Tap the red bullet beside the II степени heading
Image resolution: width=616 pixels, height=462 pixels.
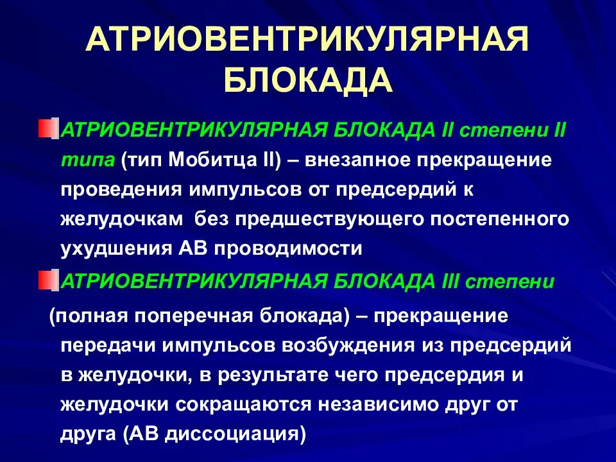pos(49,128)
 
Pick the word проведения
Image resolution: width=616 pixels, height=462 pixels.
pos(121,191)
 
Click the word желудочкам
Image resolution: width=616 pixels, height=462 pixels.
pos(122,219)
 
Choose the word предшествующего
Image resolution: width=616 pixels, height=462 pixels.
pos(329,219)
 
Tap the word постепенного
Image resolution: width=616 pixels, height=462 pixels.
pos(499,219)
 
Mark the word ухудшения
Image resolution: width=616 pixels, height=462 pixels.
pos(116,249)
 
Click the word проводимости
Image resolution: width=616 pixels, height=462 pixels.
pos(288,249)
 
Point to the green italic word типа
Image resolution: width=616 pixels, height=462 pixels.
pos(88,160)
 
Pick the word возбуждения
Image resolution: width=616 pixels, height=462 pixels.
pos(348,346)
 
